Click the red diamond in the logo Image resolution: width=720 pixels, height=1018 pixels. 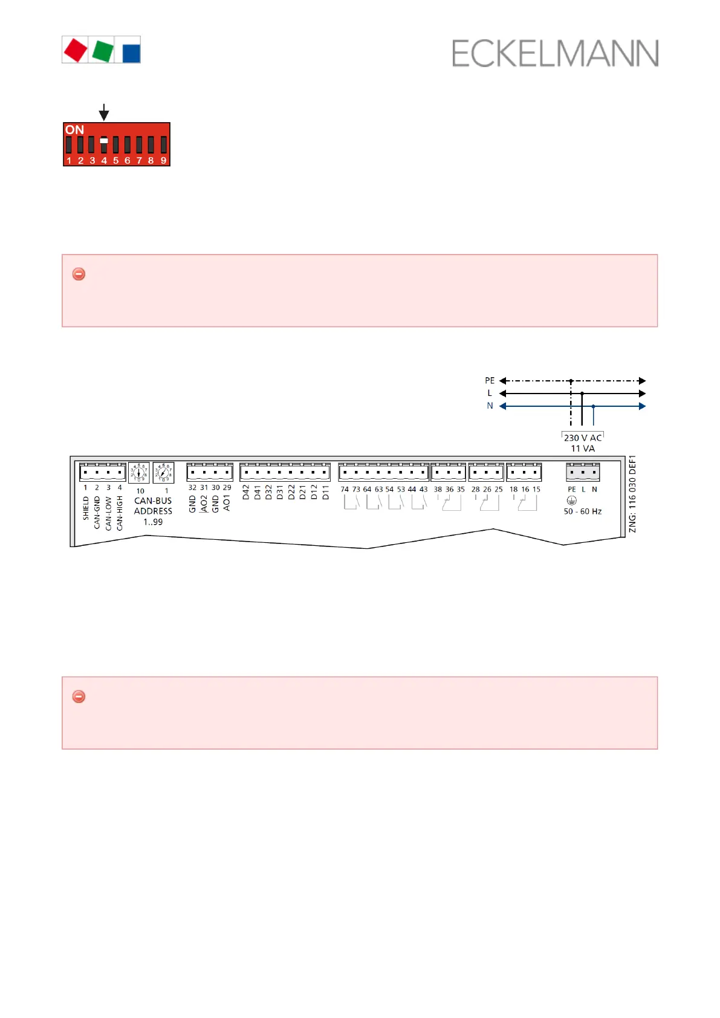tap(76, 50)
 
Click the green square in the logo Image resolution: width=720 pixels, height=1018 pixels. tap(103, 50)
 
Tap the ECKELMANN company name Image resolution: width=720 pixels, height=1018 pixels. tap(555, 54)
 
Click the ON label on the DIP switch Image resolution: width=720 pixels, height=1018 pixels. tap(74, 130)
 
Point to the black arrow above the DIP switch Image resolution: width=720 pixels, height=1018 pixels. tap(104, 112)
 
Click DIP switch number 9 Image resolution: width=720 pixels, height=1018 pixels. tap(163, 145)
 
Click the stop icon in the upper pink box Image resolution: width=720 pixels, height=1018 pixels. tap(79, 274)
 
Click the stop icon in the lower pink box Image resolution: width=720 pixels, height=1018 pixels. tap(79, 696)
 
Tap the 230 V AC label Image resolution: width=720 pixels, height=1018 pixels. tap(583, 438)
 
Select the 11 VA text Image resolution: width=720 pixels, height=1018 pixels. tap(583, 449)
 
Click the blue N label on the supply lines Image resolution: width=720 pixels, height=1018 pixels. tap(490, 406)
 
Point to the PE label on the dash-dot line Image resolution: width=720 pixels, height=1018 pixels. tap(490, 380)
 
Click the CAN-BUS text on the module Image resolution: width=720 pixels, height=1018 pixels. tap(153, 501)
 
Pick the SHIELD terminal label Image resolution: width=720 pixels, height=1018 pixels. tap(86, 508)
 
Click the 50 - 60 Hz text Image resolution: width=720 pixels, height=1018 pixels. tap(583, 511)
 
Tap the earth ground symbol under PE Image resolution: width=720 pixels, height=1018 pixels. tap(571, 501)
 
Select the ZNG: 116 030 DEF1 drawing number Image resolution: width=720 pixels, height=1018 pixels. tap(632, 494)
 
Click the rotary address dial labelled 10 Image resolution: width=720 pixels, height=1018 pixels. tap(139, 472)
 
